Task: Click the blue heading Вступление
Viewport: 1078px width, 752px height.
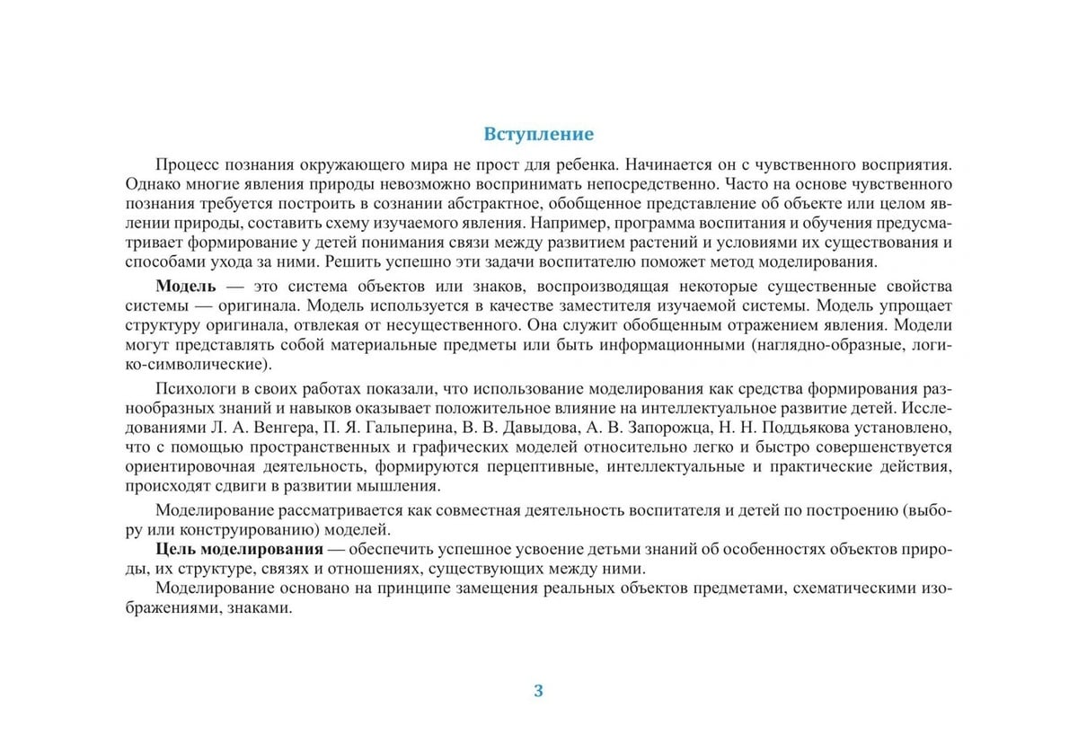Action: [539, 135]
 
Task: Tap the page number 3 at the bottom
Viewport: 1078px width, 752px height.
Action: [539, 690]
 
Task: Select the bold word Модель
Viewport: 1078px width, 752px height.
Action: [186, 287]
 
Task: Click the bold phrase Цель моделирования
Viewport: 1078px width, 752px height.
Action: [239, 549]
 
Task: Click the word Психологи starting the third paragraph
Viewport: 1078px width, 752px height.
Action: [192, 388]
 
